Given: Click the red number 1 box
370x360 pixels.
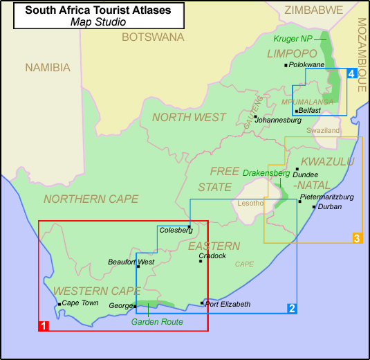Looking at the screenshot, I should click(x=43, y=325).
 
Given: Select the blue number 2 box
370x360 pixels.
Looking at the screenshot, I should click(x=292, y=308).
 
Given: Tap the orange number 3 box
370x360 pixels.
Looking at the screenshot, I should click(x=357, y=238).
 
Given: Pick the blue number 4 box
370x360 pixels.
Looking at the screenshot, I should click(x=352, y=73).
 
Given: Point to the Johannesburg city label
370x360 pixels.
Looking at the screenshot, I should click(x=278, y=120).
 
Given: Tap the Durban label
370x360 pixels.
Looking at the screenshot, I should click(x=329, y=206).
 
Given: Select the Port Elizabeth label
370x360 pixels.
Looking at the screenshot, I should click(x=228, y=304).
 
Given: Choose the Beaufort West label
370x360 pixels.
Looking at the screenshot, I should click(x=131, y=262).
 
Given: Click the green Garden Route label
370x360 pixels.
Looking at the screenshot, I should click(x=156, y=321).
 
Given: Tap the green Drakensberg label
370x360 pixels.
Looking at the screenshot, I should click(x=266, y=172).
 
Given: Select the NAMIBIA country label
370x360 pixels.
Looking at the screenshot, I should click(x=48, y=67).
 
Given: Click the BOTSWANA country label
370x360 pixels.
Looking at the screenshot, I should click(x=153, y=37).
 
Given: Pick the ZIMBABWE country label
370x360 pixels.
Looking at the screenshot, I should click(x=314, y=10).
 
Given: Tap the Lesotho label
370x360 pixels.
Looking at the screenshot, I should click(x=250, y=203).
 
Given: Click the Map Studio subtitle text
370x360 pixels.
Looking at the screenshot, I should click(x=98, y=21).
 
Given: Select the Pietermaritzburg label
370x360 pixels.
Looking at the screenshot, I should click(x=327, y=197).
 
